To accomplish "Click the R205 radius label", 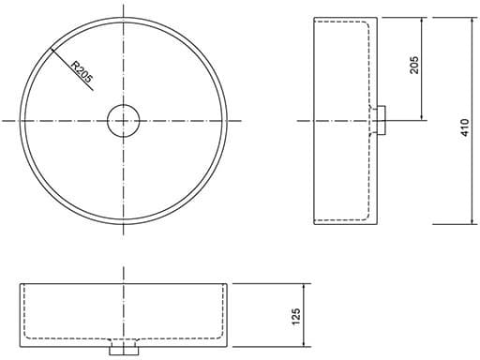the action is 82,72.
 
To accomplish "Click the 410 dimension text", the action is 465,127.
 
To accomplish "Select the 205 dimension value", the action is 414,65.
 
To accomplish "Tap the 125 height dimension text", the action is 295,316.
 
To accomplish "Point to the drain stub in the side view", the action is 382,120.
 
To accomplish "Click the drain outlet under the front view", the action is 124,351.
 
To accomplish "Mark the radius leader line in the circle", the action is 72,69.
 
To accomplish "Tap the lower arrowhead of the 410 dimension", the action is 472,220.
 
